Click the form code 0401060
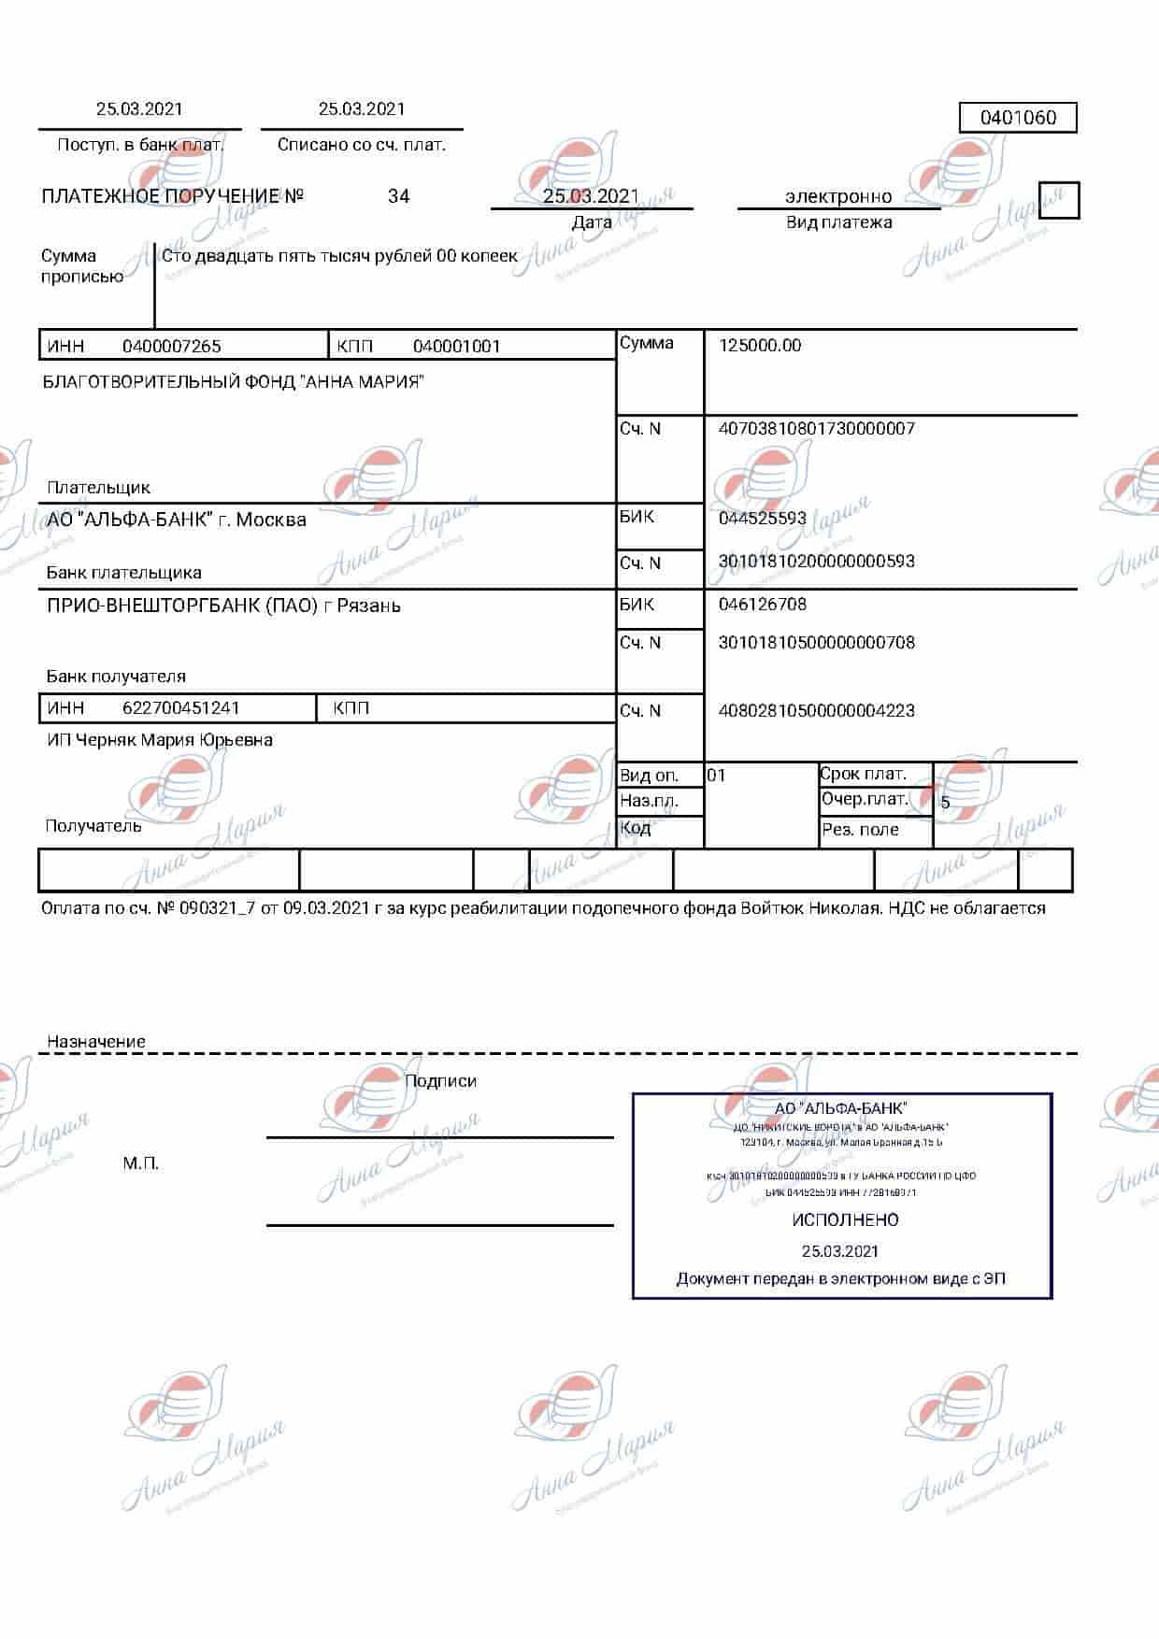coord(1018,118)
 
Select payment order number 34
coord(398,196)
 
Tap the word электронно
coord(837,196)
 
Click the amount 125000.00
coord(760,345)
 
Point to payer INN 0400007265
coord(172,346)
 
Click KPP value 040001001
coord(457,346)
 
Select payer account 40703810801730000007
coord(816,429)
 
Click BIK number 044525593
coord(762,518)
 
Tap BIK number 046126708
coord(762,604)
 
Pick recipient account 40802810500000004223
coord(816,710)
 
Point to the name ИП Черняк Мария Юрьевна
coord(160,740)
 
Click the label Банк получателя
coord(116,676)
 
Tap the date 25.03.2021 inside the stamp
coord(839,1250)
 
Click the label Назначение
coord(96,1041)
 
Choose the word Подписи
coord(440,1081)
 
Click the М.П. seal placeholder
coord(141,1163)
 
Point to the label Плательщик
coord(98,487)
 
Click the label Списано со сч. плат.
coord(361,145)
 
